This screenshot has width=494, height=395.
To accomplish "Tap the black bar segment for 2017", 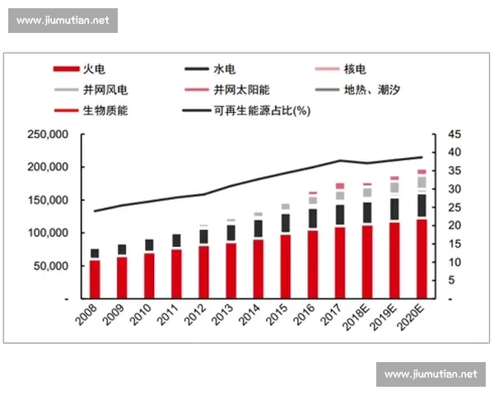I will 340,215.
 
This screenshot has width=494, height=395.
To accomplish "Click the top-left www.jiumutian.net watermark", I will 63,20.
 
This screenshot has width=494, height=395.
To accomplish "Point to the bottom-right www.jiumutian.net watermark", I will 431,374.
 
